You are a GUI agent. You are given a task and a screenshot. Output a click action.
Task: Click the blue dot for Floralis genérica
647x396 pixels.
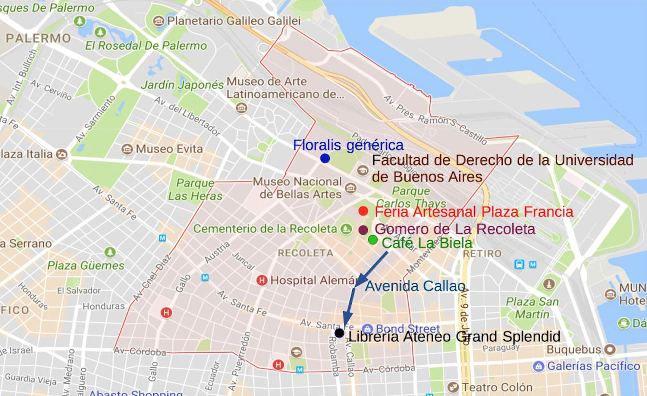point(325,158)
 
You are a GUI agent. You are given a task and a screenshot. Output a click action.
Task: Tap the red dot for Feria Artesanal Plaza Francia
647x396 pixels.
point(363,211)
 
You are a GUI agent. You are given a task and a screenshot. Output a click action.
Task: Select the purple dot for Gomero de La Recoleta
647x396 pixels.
point(363,230)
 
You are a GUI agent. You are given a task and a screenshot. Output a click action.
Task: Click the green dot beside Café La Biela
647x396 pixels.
point(372,240)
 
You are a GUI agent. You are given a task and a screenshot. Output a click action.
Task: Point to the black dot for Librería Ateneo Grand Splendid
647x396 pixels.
point(339,333)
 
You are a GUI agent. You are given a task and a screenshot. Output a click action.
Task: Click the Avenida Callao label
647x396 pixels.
point(415,286)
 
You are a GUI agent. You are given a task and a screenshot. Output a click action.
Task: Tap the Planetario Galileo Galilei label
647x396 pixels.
point(234,21)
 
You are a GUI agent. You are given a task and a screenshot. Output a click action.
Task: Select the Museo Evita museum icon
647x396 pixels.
point(127,149)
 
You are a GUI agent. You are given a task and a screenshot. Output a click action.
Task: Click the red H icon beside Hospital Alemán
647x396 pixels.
point(262,280)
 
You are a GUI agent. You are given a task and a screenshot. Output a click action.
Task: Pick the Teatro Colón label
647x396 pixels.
point(497,387)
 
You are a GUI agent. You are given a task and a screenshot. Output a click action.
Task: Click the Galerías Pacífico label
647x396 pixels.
point(593,366)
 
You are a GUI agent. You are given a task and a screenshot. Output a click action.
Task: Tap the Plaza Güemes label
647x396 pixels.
point(86,266)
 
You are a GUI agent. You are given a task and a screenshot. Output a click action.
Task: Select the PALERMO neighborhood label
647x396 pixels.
point(38,38)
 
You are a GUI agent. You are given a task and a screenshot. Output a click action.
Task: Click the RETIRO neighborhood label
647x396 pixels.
point(482,254)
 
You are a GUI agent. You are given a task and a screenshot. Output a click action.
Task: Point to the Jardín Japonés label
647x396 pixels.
point(182,85)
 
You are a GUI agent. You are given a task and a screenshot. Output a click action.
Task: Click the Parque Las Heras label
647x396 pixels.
point(195,189)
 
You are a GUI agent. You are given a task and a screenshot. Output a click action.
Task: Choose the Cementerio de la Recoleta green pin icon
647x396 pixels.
point(346,229)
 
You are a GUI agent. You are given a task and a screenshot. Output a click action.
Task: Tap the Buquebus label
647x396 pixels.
point(574,349)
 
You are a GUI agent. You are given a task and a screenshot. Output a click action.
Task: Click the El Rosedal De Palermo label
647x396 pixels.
point(146,46)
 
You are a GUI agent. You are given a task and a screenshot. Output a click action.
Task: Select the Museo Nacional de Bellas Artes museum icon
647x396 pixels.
point(351,188)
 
